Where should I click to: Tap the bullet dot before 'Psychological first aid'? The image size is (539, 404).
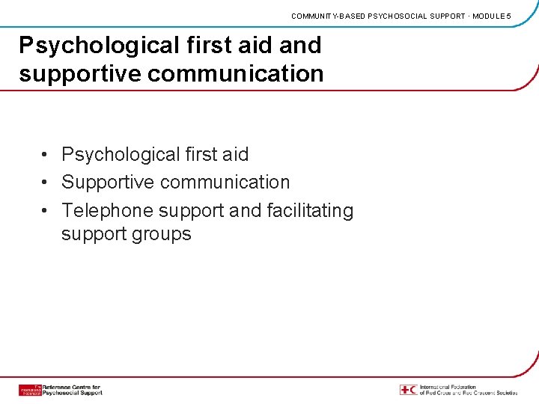click(x=46, y=155)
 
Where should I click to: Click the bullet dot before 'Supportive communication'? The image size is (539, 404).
click(x=46, y=183)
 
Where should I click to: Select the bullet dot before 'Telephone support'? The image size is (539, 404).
click(x=46, y=211)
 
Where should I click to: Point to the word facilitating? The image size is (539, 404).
click(x=310, y=211)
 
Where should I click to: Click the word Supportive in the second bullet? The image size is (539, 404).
click(x=109, y=183)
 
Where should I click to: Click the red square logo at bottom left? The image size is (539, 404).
click(x=30, y=390)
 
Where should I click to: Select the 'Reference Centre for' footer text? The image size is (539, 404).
click(x=73, y=386)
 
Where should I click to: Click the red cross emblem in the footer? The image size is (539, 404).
click(x=404, y=390)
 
